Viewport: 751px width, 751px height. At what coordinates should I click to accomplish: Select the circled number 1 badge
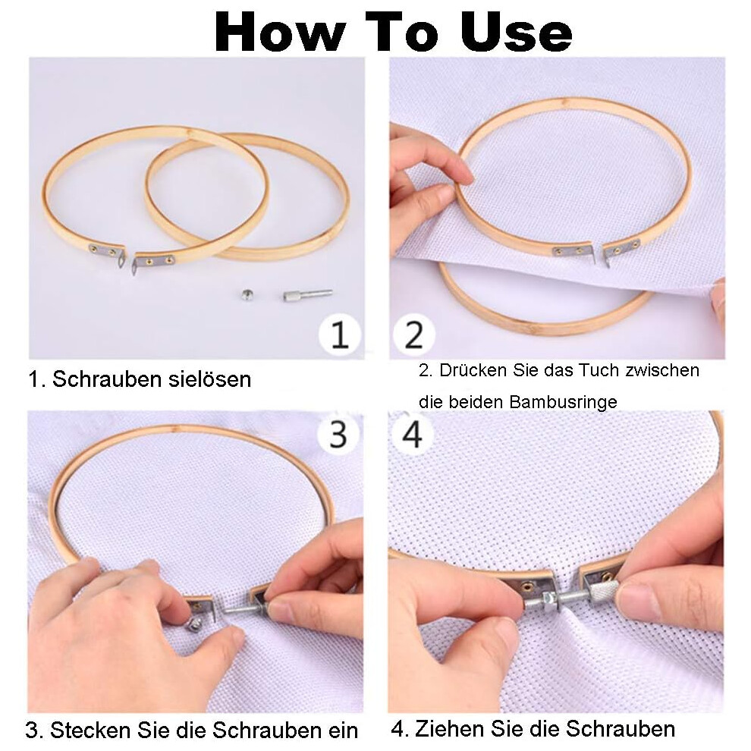pos(340,335)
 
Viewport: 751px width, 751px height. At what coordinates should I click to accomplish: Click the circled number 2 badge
pos(414,335)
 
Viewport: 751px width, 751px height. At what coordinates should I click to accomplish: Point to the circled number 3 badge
pos(338,435)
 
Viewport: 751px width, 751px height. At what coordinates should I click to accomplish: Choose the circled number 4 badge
pos(413,435)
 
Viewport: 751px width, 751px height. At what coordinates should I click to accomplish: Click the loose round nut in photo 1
pos(247,294)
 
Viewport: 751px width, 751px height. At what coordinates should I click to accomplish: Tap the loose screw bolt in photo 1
pos(307,294)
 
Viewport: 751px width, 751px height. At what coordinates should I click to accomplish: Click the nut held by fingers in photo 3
pos(196,624)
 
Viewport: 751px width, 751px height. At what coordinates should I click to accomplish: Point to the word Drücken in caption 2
pos(473,369)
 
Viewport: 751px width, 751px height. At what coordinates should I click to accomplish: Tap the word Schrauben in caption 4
pos(621,728)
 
